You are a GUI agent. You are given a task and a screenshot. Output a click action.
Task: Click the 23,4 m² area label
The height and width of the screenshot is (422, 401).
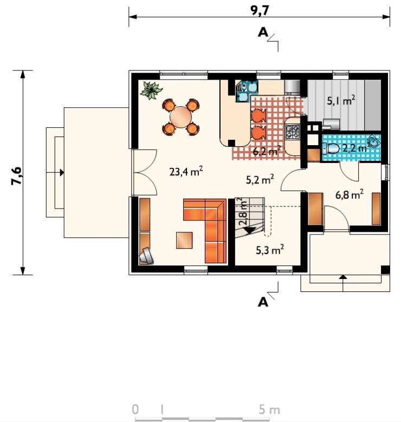click(x=186, y=171)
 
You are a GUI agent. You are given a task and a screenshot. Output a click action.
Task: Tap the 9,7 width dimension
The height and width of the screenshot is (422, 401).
click(x=260, y=11)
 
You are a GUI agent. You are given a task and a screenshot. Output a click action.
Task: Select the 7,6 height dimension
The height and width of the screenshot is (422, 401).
click(x=16, y=176)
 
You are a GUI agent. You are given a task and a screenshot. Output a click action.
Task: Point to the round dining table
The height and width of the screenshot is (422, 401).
click(x=180, y=118)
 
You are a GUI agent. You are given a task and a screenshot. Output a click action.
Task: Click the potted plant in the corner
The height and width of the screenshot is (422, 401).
click(x=151, y=90)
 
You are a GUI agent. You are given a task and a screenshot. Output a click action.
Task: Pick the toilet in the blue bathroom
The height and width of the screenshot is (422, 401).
click(x=331, y=148)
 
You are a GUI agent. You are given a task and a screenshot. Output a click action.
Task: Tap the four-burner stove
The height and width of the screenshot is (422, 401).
click(x=293, y=131)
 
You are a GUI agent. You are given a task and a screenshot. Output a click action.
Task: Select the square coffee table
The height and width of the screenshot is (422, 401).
click(x=184, y=240)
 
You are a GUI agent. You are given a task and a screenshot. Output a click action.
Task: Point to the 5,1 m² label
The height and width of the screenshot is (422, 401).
click(x=341, y=100)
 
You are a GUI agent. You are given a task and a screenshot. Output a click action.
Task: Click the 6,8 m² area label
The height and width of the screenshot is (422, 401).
click(x=350, y=194)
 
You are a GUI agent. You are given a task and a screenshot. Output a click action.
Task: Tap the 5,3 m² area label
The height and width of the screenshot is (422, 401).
click(x=269, y=250)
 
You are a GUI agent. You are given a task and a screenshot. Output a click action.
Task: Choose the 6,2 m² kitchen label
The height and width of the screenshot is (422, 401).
click(x=267, y=151)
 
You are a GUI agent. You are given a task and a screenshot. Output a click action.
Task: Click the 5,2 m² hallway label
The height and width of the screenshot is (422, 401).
click(x=260, y=179)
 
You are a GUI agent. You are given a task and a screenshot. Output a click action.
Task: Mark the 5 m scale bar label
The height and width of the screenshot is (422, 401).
click(x=269, y=410)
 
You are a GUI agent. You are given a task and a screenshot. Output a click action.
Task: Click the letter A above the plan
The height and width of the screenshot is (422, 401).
click(x=263, y=33)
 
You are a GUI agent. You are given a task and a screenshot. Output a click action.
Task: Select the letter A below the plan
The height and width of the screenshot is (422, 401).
click(x=263, y=302)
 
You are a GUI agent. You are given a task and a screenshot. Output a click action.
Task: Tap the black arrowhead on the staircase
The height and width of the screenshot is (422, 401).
click(x=250, y=230)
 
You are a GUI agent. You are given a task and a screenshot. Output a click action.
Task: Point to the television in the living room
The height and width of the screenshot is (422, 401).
click(x=146, y=255)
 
